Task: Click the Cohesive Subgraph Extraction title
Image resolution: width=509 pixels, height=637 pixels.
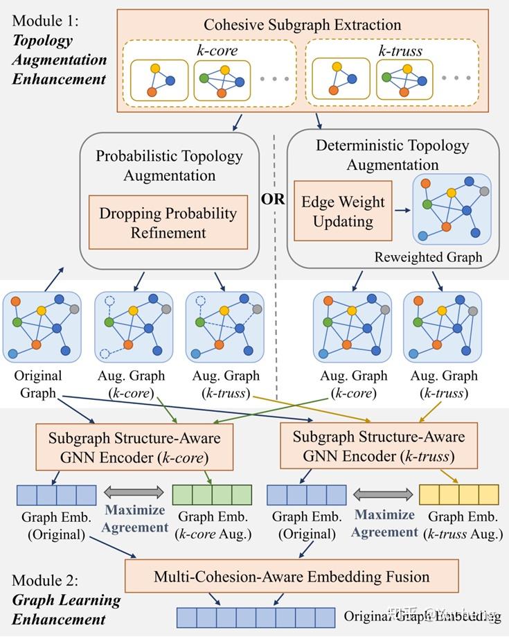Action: [x=302, y=25]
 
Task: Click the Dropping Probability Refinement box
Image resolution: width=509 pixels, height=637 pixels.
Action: [x=168, y=222]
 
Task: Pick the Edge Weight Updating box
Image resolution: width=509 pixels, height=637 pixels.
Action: [x=343, y=211]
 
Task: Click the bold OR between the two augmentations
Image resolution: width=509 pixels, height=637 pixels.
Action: [x=273, y=199]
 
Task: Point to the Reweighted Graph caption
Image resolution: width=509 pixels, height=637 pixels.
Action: [x=428, y=257]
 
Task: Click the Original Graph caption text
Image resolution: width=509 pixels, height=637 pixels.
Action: [x=38, y=384]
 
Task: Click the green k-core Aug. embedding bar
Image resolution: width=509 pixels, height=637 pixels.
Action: [x=211, y=494]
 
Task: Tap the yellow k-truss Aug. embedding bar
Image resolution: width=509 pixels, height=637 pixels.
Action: [x=458, y=494]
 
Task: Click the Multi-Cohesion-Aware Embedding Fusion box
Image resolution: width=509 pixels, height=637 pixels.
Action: [x=292, y=577]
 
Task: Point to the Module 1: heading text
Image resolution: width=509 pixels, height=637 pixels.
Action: [x=46, y=21]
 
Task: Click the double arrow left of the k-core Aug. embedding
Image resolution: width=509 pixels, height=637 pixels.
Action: [x=134, y=493]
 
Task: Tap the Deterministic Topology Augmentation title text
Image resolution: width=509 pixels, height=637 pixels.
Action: [x=393, y=155]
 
